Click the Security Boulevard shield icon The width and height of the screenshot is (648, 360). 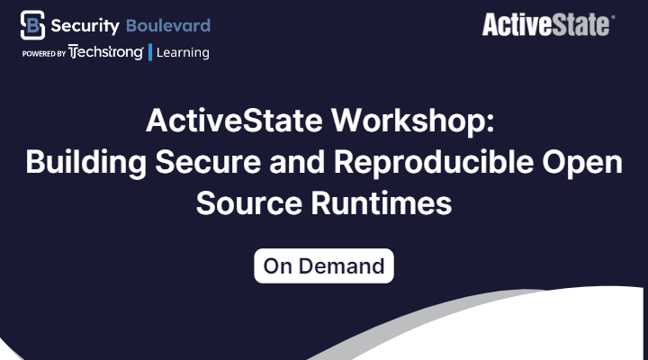coord(32,25)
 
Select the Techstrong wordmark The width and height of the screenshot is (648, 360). coord(106,52)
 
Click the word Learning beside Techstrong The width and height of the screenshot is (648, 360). coord(183,53)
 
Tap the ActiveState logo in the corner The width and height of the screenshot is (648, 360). coord(547,24)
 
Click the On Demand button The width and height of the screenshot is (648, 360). coord(324,265)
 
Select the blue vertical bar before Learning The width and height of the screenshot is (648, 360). coord(149,52)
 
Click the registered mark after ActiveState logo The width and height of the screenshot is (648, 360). coord(613,16)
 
